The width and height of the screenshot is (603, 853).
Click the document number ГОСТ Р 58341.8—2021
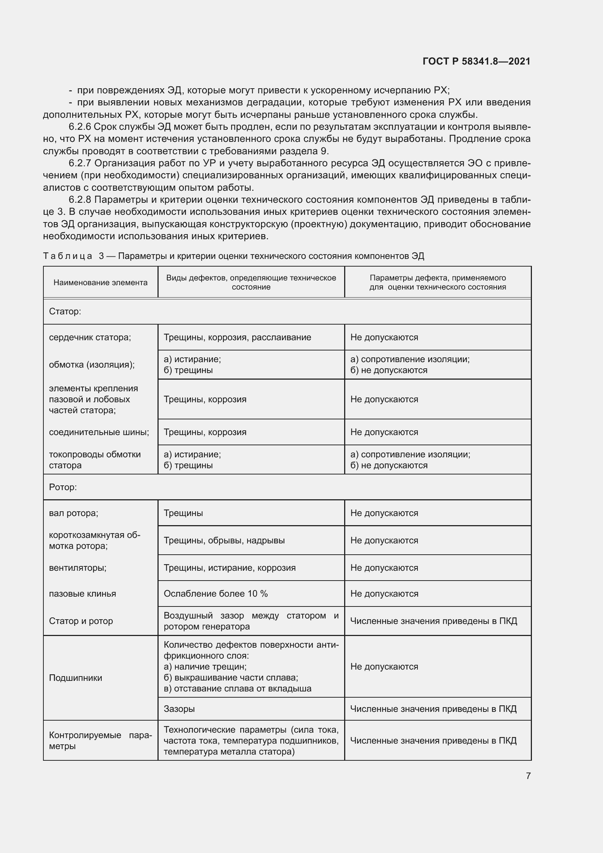pos(476,61)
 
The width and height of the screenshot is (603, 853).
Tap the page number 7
pos(528,776)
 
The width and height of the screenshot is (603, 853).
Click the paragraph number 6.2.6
pos(80,127)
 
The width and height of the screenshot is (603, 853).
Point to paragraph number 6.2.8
pos(80,200)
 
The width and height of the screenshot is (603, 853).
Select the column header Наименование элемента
pos(100,282)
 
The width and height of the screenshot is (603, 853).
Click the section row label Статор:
pos(65,311)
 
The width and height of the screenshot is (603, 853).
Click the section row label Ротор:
pos(63,487)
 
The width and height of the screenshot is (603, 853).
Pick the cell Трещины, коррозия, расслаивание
pos(237,337)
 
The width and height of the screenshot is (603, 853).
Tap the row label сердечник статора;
pos(90,337)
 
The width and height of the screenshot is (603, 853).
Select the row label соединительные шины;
pos(99,432)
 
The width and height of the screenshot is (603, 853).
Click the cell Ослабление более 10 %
pos(215,594)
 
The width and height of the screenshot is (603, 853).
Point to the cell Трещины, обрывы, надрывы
pos(224,540)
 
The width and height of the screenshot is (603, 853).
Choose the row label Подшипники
pos(75,678)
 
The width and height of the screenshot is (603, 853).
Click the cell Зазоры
pos(179,709)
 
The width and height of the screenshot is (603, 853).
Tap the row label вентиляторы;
pos(78,568)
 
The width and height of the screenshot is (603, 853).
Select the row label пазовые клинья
pos(82,594)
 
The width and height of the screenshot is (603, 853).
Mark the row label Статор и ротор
pos(81,621)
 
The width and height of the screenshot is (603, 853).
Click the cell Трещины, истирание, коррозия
pos(229,568)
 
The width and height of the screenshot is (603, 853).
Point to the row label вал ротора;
pos(74,513)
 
